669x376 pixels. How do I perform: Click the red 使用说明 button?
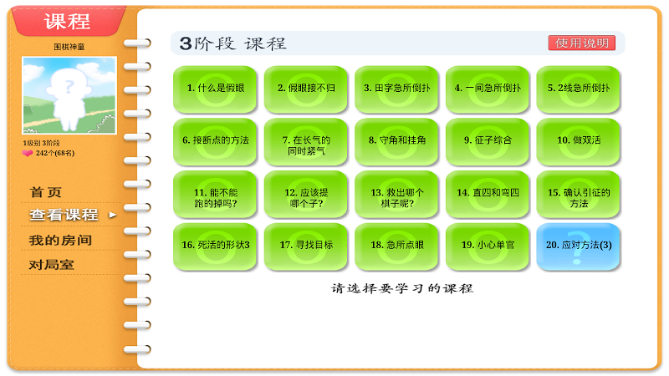(x=581, y=43)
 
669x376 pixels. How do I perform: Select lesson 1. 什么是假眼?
(x=215, y=89)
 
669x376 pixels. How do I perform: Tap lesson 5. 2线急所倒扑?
(x=578, y=89)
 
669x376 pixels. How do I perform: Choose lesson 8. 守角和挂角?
(x=396, y=141)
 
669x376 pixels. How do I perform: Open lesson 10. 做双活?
(x=578, y=141)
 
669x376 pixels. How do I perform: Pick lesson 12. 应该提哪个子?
(x=306, y=194)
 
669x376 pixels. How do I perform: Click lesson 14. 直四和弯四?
(x=488, y=194)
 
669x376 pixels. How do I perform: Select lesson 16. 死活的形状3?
(x=215, y=246)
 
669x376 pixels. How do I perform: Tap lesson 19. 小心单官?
(x=488, y=246)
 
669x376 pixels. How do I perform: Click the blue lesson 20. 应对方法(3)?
(x=578, y=246)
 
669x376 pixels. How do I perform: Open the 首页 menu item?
(x=46, y=192)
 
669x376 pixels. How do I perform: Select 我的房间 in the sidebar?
(x=60, y=240)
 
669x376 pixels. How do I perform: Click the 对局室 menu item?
(x=51, y=265)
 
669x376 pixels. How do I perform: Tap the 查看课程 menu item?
(x=64, y=215)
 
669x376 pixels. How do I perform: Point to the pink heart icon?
(x=28, y=153)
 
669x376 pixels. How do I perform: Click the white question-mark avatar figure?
(x=69, y=97)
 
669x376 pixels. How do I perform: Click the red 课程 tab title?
(x=68, y=21)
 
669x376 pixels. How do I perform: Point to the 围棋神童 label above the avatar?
(x=69, y=47)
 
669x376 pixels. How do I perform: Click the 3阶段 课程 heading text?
(x=232, y=43)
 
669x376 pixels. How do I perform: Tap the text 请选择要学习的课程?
(x=402, y=288)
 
